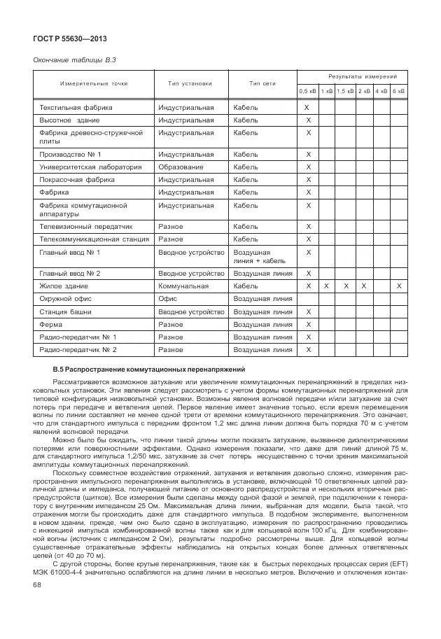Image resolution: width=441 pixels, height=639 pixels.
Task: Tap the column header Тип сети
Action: (x=263, y=84)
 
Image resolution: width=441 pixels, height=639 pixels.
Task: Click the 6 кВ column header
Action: (x=398, y=91)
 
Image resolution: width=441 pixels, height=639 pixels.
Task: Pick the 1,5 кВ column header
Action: (x=345, y=91)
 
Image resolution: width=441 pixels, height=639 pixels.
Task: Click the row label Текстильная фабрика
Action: (x=76, y=108)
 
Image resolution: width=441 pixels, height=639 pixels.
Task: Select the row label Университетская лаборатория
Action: (x=90, y=167)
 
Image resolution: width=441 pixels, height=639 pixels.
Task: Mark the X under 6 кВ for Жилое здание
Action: (x=399, y=286)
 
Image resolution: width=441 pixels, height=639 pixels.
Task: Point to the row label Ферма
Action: (x=51, y=324)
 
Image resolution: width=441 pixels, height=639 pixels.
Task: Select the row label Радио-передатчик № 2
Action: (x=78, y=349)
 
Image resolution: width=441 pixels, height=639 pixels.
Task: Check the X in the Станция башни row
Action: (x=307, y=311)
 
